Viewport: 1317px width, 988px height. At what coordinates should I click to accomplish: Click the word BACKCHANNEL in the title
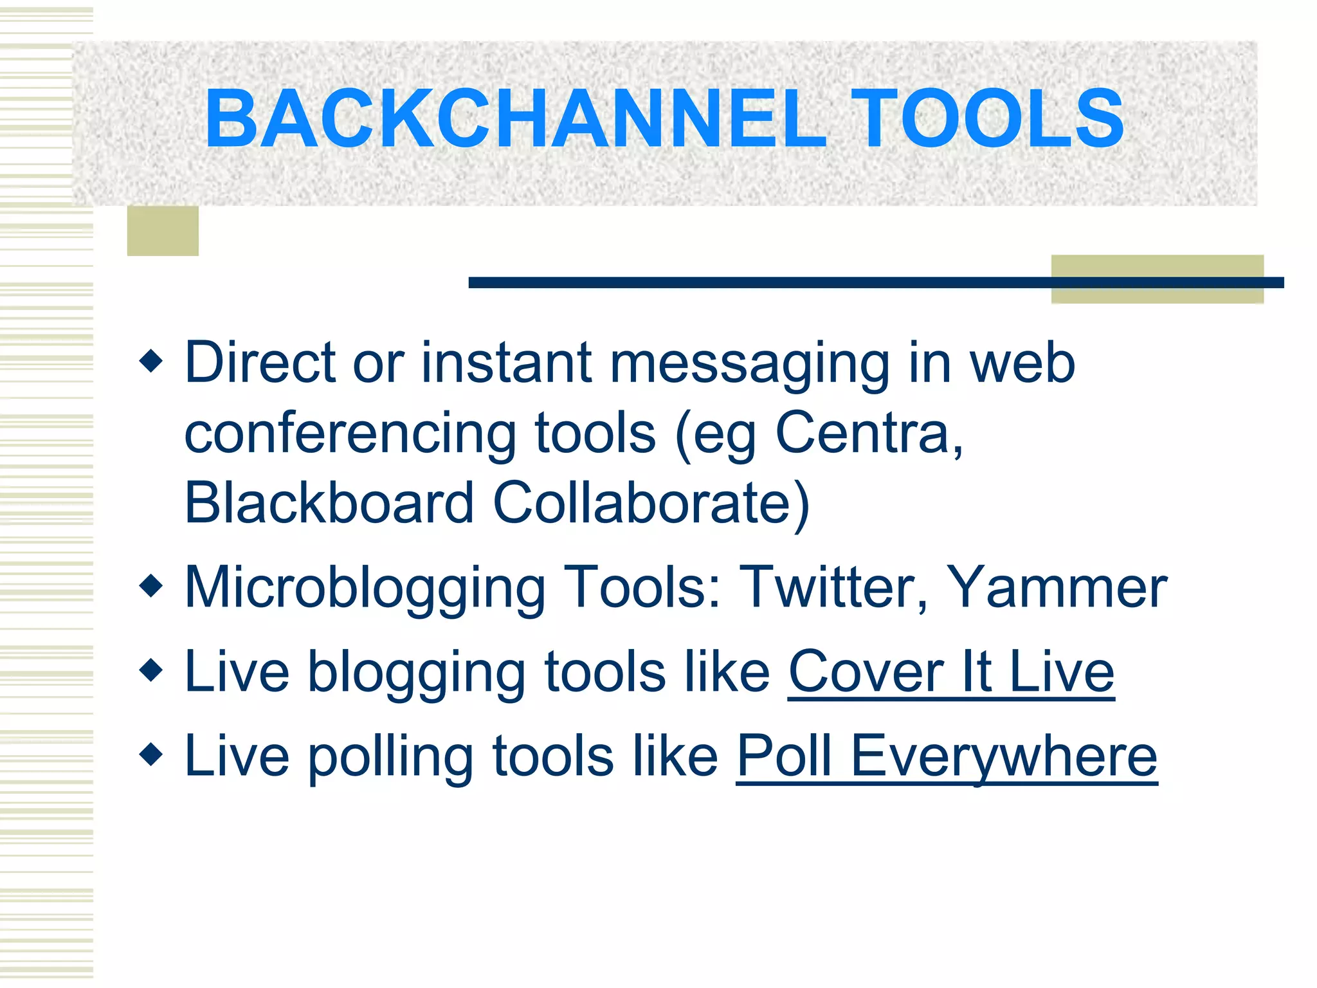click(x=514, y=119)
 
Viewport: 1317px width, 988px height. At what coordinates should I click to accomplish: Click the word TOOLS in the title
click(x=987, y=119)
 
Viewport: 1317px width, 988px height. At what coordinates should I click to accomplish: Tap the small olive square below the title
click(x=163, y=231)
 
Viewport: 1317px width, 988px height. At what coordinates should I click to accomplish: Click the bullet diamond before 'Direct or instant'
click(x=151, y=361)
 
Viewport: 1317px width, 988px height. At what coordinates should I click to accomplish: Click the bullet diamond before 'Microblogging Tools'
click(x=151, y=586)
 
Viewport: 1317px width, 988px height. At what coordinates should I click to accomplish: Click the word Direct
click(x=260, y=362)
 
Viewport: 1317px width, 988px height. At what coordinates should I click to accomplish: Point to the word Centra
click(x=868, y=433)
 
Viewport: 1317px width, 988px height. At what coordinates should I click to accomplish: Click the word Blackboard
click(x=329, y=502)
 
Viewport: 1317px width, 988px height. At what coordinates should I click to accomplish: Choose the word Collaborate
click(x=649, y=502)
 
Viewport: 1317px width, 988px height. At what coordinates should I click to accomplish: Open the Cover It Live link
click(x=950, y=672)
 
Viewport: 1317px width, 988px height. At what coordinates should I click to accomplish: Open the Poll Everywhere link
click(x=946, y=756)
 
